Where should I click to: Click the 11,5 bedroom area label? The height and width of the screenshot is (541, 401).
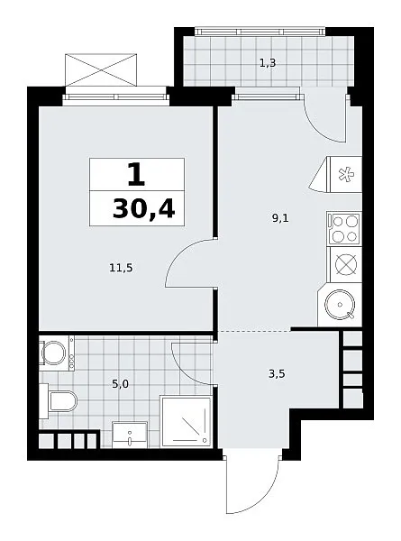point(121,268)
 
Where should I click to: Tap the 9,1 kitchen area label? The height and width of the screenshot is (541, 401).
point(280,218)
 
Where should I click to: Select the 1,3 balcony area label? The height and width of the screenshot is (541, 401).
point(268,63)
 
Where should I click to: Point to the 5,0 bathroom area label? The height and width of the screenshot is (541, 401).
point(121,384)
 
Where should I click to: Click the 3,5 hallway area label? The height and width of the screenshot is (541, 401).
point(277,373)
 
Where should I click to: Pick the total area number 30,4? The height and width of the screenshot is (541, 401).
point(143,209)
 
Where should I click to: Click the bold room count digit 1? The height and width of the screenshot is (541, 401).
point(136,175)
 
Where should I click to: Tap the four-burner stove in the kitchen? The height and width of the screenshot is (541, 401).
point(344,228)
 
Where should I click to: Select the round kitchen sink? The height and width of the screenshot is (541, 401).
point(340,305)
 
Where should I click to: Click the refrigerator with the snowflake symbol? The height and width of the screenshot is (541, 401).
point(346,174)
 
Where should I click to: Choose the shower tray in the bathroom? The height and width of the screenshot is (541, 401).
point(186,422)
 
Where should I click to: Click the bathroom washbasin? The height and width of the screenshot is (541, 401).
point(130,435)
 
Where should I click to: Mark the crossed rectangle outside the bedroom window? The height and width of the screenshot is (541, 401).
point(101,69)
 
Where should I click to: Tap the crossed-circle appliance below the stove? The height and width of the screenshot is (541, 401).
point(346,264)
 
